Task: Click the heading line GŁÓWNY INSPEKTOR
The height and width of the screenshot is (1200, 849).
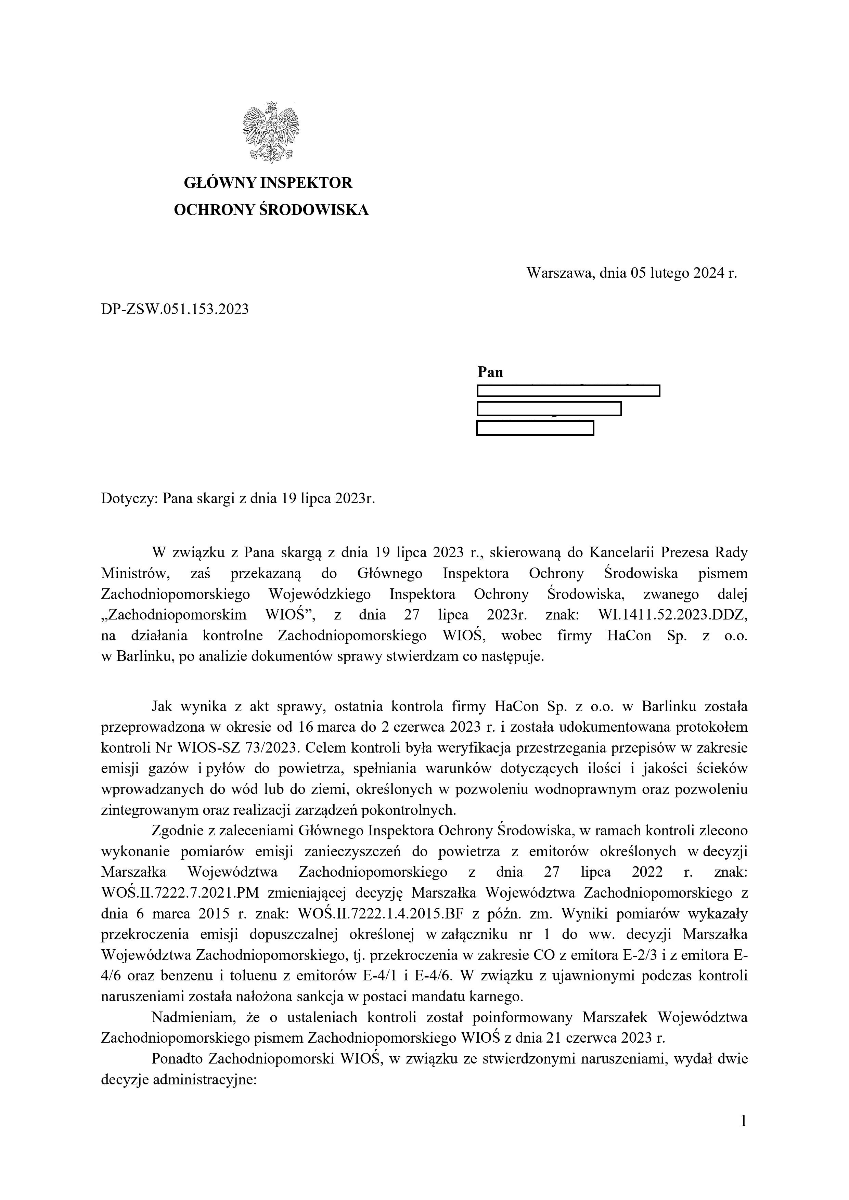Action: click(268, 183)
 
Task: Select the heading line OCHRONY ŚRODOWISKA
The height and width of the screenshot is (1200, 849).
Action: click(271, 210)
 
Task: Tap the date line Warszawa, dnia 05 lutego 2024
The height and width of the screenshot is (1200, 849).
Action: click(631, 273)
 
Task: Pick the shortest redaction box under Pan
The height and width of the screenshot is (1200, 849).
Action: click(535, 428)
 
